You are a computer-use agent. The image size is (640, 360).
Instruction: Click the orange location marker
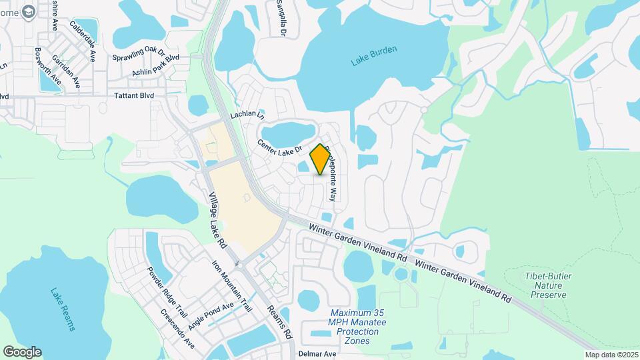coord(320,159)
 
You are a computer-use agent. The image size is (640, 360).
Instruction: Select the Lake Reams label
coord(63,309)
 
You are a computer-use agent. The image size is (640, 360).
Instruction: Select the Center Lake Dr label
coord(281,145)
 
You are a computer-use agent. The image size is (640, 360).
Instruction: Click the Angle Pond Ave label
coord(211,315)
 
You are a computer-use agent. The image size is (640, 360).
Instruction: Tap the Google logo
coord(22,352)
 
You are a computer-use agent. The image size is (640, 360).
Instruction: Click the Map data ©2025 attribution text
coord(611,355)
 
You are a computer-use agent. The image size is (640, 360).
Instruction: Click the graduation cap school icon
coord(29,11)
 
